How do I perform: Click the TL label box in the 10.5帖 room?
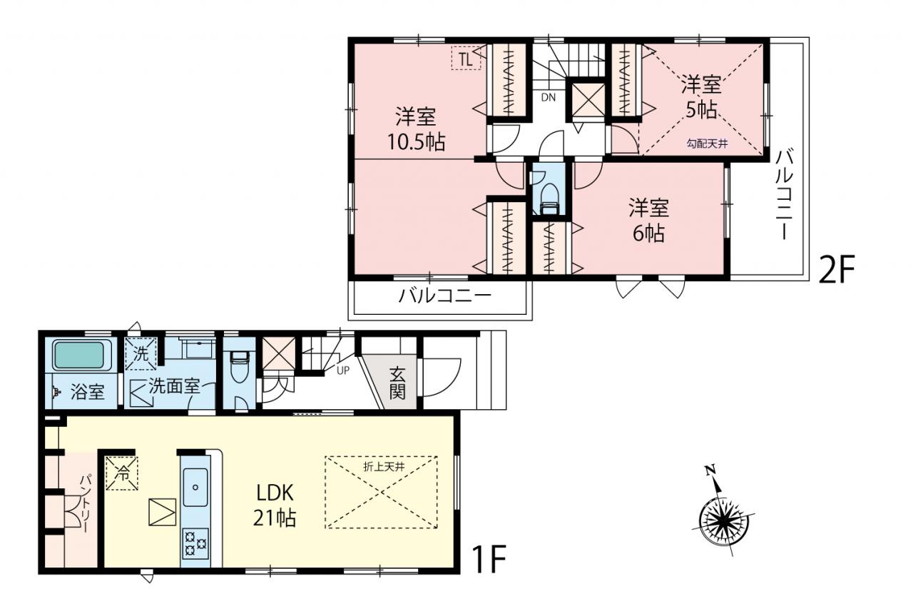pyautogui.click(x=466, y=58)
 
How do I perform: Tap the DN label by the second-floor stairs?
pyautogui.click(x=549, y=98)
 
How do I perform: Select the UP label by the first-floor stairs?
pyautogui.click(x=343, y=371)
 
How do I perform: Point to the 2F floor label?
pyautogui.click(x=836, y=269)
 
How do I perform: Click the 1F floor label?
pyautogui.click(x=489, y=559)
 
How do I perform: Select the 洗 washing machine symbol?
pyautogui.click(x=141, y=353)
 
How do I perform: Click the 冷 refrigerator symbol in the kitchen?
pyautogui.click(x=122, y=473)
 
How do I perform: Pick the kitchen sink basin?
pyautogui.click(x=195, y=488)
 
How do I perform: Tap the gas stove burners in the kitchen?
pyautogui.click(x=195, y=544)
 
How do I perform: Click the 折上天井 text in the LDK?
pyautogui.click(x=384, y=467)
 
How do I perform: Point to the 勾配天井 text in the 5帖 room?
pyautogui.click(x=707, y=144)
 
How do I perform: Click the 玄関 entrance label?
pyautogui.click(x=397, y=383)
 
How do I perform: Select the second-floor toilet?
pyautogui.click(x=549, y=198)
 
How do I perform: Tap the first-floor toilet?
pyautogui.click(x=239, y=367)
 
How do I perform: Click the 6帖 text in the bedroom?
pyautogui.click(x=648, y=233)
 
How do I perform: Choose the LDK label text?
pyautogui.click(x=275, y=493)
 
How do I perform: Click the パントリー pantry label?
pyautogui.click(x=86, y=503)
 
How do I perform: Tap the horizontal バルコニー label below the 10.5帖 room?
pyautogui.click(x=444, y=296)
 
